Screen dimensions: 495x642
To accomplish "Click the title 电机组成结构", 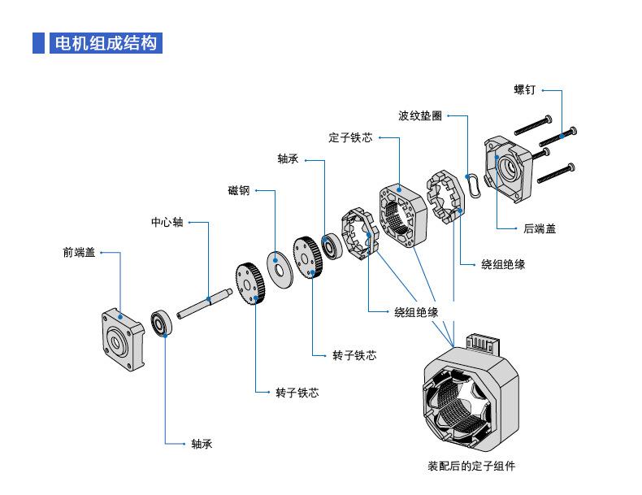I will pos(103,43).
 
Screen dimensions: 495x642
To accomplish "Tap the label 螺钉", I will pos(523,90).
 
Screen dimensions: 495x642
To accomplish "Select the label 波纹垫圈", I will pos(420,116).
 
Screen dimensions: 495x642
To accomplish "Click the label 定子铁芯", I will pos(350,138).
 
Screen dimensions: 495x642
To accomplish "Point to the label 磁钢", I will pos(238,191).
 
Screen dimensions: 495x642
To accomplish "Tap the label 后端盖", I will pos(540,229).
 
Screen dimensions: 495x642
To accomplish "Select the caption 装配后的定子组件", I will pos(471,467).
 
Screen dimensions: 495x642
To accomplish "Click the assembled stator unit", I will pos(467,398).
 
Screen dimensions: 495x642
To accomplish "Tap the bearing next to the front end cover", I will pos(161,323).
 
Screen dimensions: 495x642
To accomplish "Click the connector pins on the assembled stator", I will pos(479,344).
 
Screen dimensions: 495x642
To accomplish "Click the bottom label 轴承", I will pos(202,444).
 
